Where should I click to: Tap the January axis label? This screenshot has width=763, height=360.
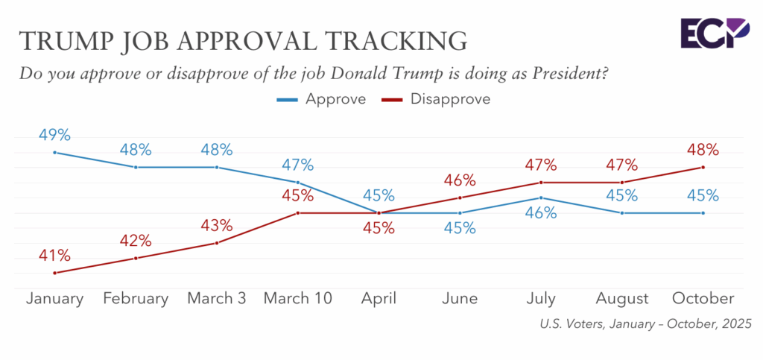pyautogui.click(x=54, y=299)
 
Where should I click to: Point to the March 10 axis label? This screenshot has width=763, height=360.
pyautogui.click(x=298, y=299)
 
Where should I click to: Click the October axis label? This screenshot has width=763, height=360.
pyautogui.click(x=703, y=299)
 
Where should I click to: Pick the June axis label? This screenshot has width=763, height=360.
pyautogui.click(x=460, y=299)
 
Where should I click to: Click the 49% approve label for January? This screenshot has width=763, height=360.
pyautogui.click(x=54, y=136)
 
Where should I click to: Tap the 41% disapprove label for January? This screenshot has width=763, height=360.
pyautogui.click(x=54, y=256)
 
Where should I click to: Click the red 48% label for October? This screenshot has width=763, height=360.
pyautogui.click(x=703, y=150)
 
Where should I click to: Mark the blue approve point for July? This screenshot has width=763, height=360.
pyautogui.click(x=541, y=198)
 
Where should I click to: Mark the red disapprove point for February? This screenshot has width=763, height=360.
pyautogui.click(x=136, y=258)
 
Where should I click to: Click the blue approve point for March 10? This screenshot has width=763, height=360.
pyautogui.click(x=298, y=183)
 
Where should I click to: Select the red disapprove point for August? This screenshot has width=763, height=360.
pyautogui.click(x=621, y=183)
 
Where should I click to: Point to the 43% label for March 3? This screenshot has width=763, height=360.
pyautogui.click(x=217, y=226)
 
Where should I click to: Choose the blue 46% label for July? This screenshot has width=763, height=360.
pyautogui.click(x=541, y=213)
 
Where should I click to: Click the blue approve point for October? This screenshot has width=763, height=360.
pyautogui.click(x=703, y=213)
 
